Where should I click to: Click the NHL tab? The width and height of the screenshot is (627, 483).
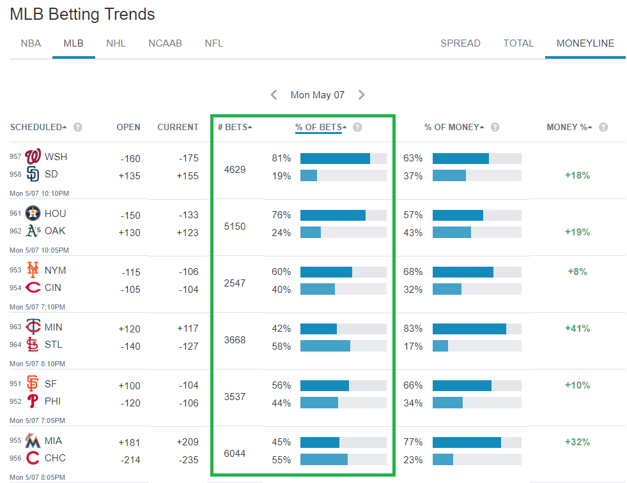116,43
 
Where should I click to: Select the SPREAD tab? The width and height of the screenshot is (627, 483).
460,43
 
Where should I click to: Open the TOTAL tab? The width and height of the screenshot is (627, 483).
518,43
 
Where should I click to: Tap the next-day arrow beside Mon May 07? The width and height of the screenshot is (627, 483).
362,95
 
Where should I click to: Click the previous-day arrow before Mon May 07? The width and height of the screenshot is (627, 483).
274,95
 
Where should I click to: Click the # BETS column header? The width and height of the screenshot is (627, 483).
235,127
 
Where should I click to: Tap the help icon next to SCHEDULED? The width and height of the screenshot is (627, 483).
78,127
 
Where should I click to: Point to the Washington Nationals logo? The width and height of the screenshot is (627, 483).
33,157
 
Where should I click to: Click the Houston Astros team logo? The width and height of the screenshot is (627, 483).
33,214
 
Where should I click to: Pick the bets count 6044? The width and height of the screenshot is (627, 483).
235,454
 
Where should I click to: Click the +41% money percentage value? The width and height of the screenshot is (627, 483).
577,329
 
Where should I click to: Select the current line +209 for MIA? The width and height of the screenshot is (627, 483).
187,442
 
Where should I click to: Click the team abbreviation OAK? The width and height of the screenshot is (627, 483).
55,231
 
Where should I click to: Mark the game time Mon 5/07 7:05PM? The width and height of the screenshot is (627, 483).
39,420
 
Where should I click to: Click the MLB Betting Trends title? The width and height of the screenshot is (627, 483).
82,14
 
